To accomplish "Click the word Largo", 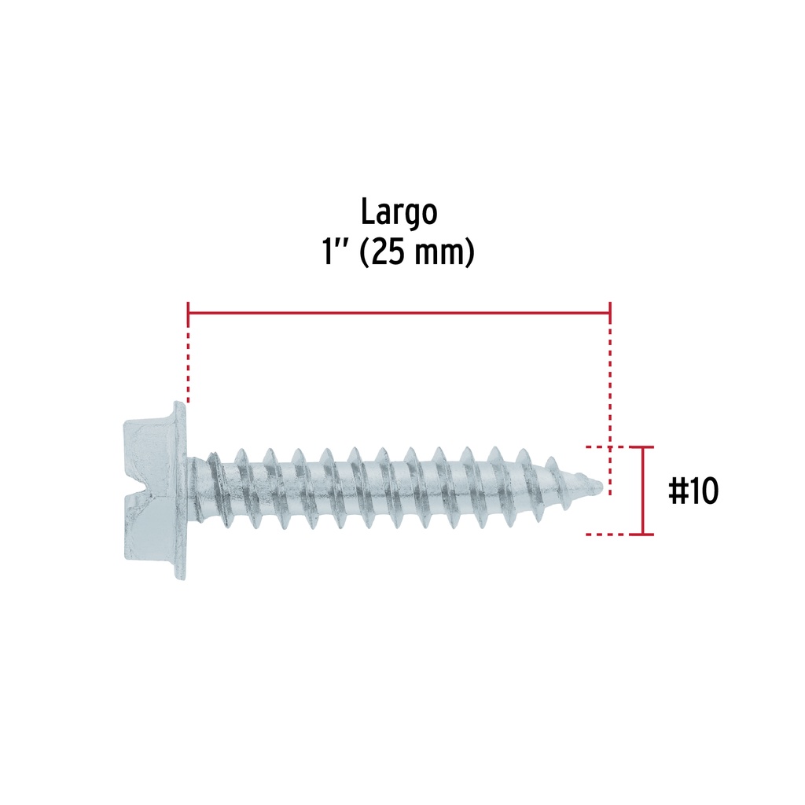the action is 399,212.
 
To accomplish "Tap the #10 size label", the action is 693,491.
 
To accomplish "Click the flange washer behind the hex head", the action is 180,491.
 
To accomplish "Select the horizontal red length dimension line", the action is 399,312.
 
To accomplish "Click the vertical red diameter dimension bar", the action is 643,491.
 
